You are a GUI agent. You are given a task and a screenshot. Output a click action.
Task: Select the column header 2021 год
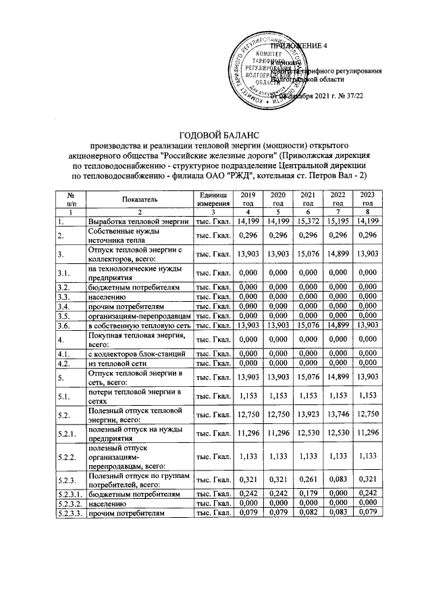point(308,198)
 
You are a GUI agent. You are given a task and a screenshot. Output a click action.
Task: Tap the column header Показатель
point(140,199)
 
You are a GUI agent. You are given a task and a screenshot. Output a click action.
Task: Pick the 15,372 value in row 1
point(308,221)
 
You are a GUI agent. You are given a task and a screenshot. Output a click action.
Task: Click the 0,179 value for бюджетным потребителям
point(308,495)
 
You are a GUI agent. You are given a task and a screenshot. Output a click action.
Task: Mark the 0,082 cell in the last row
point(308,513)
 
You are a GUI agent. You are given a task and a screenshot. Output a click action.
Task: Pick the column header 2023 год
point(367,198)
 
